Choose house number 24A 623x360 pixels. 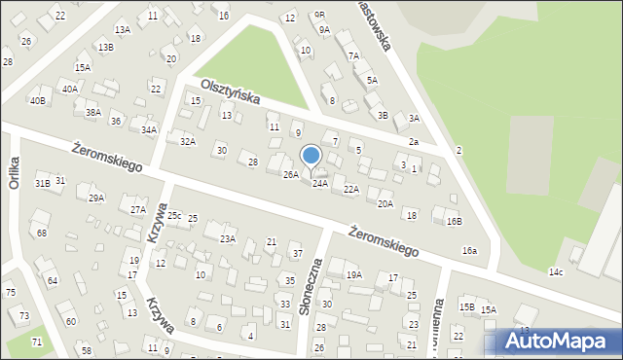(319, 184)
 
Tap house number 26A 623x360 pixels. (290, 175)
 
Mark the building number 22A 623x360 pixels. (351, 190)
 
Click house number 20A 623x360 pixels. (385, 203)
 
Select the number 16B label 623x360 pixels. (454, 222)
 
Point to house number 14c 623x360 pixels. (555, 271)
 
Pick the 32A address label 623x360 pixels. (188, 142)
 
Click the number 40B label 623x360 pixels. (37, 100)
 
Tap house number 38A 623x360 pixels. (92, 113)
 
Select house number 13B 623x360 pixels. (104, 48)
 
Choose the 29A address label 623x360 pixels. (96, 198)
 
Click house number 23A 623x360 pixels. (228, 238)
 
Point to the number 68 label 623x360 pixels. (42, 234)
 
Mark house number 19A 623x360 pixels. (354, 275)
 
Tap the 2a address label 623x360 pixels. (413, 143)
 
